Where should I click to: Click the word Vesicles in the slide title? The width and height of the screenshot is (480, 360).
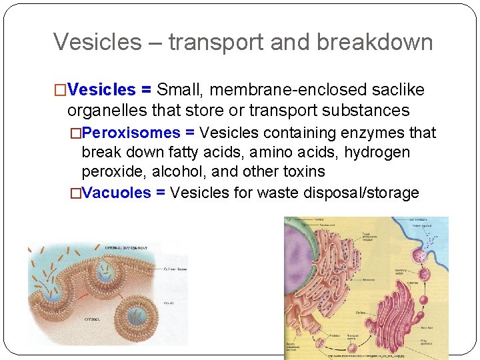coord(97,42)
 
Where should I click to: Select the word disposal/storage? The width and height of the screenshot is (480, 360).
coord(359,193)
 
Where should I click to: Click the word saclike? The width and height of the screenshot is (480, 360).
coord(401,90)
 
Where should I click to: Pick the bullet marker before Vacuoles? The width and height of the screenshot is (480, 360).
coord(75,193)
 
